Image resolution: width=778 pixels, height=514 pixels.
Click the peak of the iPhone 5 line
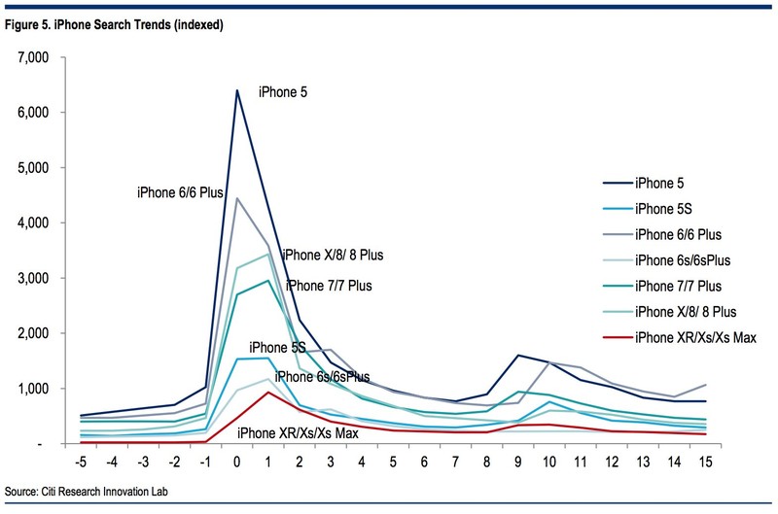tap(236, 90)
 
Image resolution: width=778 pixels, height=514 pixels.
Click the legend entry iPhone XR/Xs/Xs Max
tap(694, 337)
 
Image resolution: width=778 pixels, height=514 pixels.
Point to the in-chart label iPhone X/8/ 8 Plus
tap(333, 256)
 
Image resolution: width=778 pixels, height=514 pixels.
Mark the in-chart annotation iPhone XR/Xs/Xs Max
tap(297, 432)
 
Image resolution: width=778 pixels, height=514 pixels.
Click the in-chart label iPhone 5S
tap(277, 347)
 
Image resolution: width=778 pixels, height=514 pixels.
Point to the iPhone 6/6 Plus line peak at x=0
tap(236, 198)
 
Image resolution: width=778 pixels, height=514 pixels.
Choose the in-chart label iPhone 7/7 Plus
tap(327, 286)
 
